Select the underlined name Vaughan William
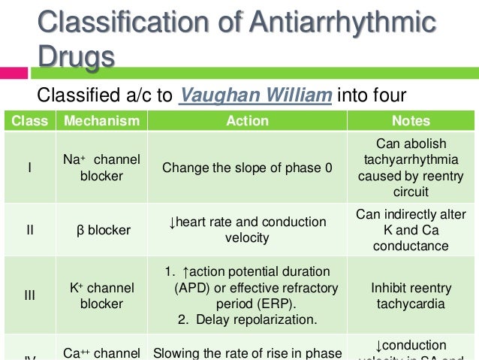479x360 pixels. pyautogui.click(x=255, y=96)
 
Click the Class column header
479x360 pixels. pyautogui.click(x=29, y=120)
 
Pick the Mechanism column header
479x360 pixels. pyautogui.click(x=101, y=120)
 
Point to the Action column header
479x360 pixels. pyautogui.click(x=247, y=120)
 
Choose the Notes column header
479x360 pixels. pyautogui.click(x=411, y=120)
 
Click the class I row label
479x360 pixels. pyautogui.click(x=29, y=168)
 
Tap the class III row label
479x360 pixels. pyautogui.click(x=29, y=296)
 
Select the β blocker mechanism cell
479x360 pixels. pyautogui.click(x=101, y=230)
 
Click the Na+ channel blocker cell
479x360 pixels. pyautogui.click(x=101, y=168)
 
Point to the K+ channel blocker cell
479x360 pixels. pyautogui.click(x=101, y=296)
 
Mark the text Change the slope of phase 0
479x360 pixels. pyautogui.click(x=247, y=168)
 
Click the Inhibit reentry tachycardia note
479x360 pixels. pyautogui.click(x=411, y=296)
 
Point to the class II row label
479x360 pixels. pyautogui.click(x=29, y=230)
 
